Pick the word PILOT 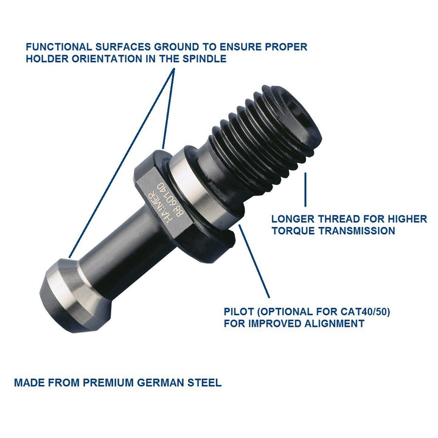click(239, 311)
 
